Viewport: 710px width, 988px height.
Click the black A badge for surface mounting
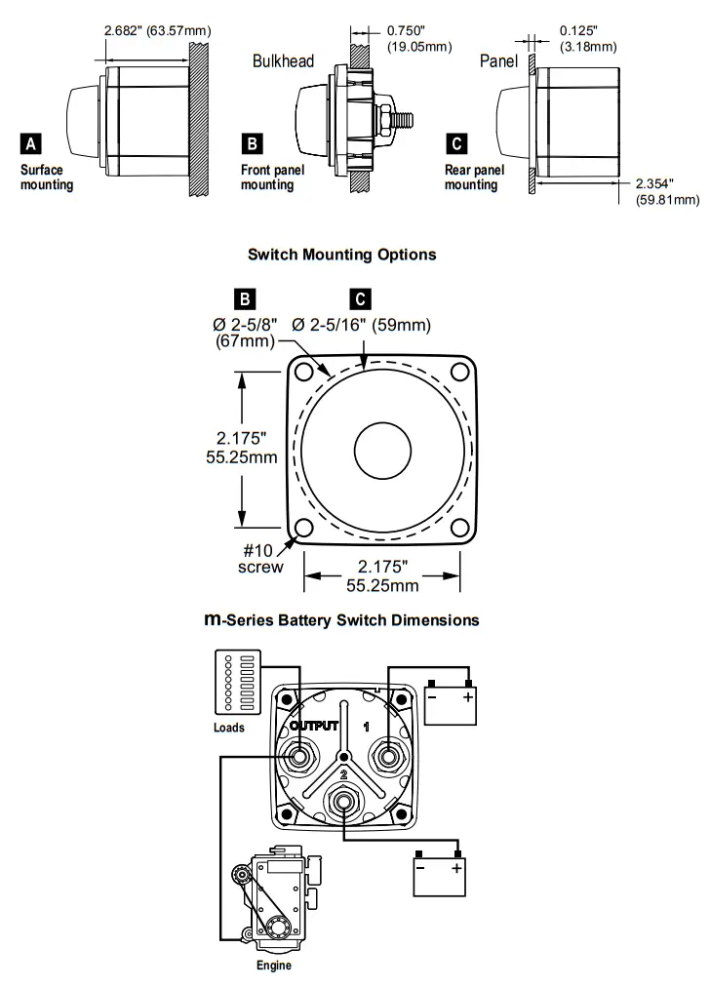[x=31, y=144]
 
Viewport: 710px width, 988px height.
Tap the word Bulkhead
[x=283, y=61]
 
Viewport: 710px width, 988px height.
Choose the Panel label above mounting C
[x=499, y=61]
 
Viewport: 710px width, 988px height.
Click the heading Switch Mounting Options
[x=341, y=255]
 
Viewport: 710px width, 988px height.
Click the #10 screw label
[x=258, y=559]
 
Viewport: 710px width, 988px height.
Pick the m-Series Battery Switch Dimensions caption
[x=341, y=619]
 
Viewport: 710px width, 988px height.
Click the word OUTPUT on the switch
[x=313, y=726]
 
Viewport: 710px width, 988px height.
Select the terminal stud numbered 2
[x=342, y=802]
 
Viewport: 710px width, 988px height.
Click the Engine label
[x=273, y=966]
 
